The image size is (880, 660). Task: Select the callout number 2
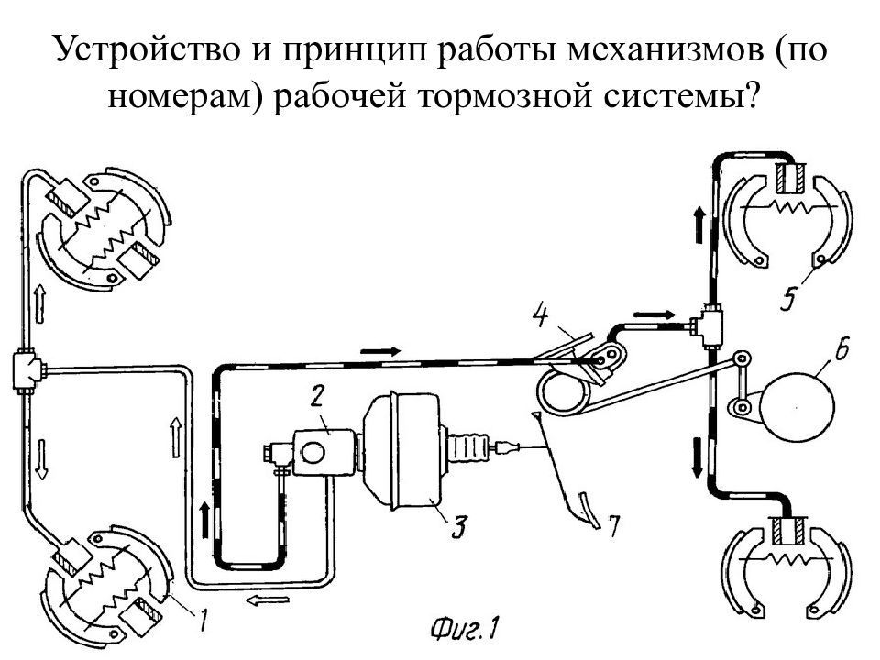(x=317, y=397)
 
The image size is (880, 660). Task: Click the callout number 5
(x=789, y=297)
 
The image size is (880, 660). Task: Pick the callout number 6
(x=841, y=348)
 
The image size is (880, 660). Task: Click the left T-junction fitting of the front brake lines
(x=27, y=368)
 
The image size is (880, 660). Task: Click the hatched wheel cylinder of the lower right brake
(x=788, y=532)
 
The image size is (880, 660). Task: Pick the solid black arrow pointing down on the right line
(x=697, y=458)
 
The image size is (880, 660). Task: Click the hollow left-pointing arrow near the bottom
(x=268, y=600)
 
